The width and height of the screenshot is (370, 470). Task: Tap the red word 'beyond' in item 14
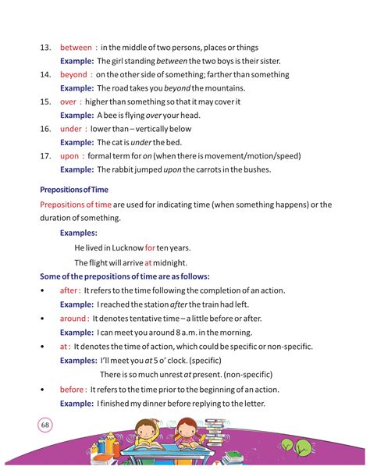[73, 75]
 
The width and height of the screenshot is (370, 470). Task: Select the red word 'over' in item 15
[68, 101]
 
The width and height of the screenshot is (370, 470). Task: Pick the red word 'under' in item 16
[70, 129]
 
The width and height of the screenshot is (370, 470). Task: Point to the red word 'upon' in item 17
[69, 155]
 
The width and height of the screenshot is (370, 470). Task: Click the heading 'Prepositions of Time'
[74, 189]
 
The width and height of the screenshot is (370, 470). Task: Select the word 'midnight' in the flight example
[170, 262]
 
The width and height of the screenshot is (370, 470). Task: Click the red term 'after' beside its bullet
[69, 290]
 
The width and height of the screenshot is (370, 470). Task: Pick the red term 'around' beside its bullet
[73, 319]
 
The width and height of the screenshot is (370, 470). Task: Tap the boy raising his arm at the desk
[147, 436]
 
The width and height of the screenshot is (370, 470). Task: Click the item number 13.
[45, 48]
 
